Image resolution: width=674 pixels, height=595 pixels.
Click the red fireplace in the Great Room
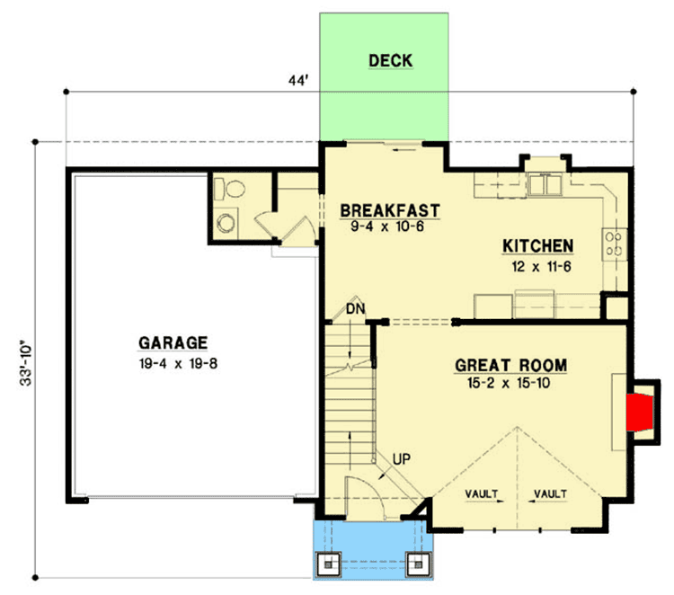pyautogui.click(x=640, y=406)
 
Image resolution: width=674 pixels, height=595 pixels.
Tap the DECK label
pyautogui.click(x=390, y=61)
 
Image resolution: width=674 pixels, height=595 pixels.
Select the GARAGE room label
pyautogui.click(x=173, y=342)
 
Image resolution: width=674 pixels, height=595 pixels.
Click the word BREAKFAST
pyautogui.click(x=390, y=211)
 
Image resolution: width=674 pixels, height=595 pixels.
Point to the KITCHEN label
pyautogui.click(x=537, y=246)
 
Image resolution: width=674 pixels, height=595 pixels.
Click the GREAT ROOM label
pyautogui.click(x=510, y=365)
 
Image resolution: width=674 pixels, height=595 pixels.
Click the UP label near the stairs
pyautogui.click(x=403, y=460)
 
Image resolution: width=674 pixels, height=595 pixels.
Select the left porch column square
pyautogui.click(x=328, y=564)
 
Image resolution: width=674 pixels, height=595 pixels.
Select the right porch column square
pyautogui.click(x=418, y=564)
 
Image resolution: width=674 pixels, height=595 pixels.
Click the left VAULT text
pyautogui.click(x=483, y=493)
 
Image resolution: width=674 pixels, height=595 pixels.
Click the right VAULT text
pyautogui.click(x=550, y=493)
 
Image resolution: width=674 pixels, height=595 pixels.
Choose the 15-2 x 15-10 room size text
pyautogui.click(x=510, y=383)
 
